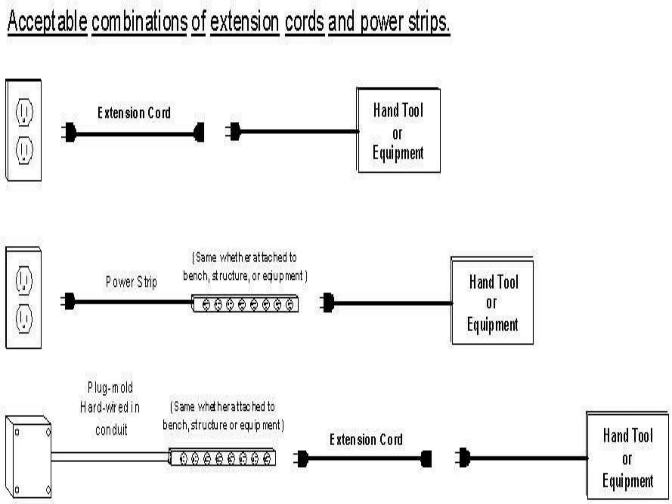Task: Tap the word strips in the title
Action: [x=429, y=22]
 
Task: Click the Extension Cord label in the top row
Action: [x=134, y=113]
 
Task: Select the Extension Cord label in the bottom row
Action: [x=366, y=440]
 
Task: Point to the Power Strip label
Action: [x=131, y=282]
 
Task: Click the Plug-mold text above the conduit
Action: [x=110, y=388]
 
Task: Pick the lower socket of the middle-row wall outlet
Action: [x=24, y=319]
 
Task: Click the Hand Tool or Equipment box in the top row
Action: [x=398, y=131]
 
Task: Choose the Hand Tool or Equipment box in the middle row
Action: [x=492, y=302]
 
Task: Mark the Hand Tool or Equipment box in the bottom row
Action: [x=627, y=457]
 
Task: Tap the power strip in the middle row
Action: [x=245, y=304]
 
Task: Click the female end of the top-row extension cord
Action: [x=199, y=132]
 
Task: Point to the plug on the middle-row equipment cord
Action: [x=328, y=302]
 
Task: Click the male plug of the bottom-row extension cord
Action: [x=302, y=458]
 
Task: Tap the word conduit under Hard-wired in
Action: [x=111, y=430]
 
